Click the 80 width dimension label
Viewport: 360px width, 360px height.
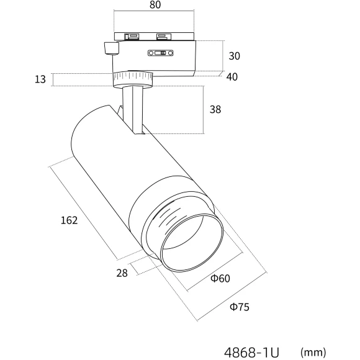point(155,4)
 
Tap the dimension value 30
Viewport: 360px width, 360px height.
point(234,56)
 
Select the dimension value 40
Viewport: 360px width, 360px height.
point(232,77)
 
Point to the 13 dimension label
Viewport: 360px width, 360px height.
point(40,79)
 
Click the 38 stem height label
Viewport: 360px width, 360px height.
point(215,109)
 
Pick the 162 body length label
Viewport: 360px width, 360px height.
point(69,220)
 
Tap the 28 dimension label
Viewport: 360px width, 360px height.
point(122,273)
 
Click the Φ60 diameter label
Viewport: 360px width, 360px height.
point(220,278)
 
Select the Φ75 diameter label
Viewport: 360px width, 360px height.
point(240,307)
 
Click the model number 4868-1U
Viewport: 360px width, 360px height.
point(251,352)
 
